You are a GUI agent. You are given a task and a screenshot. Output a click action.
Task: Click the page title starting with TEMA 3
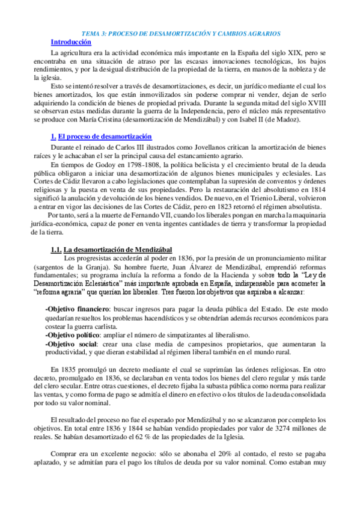181,34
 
